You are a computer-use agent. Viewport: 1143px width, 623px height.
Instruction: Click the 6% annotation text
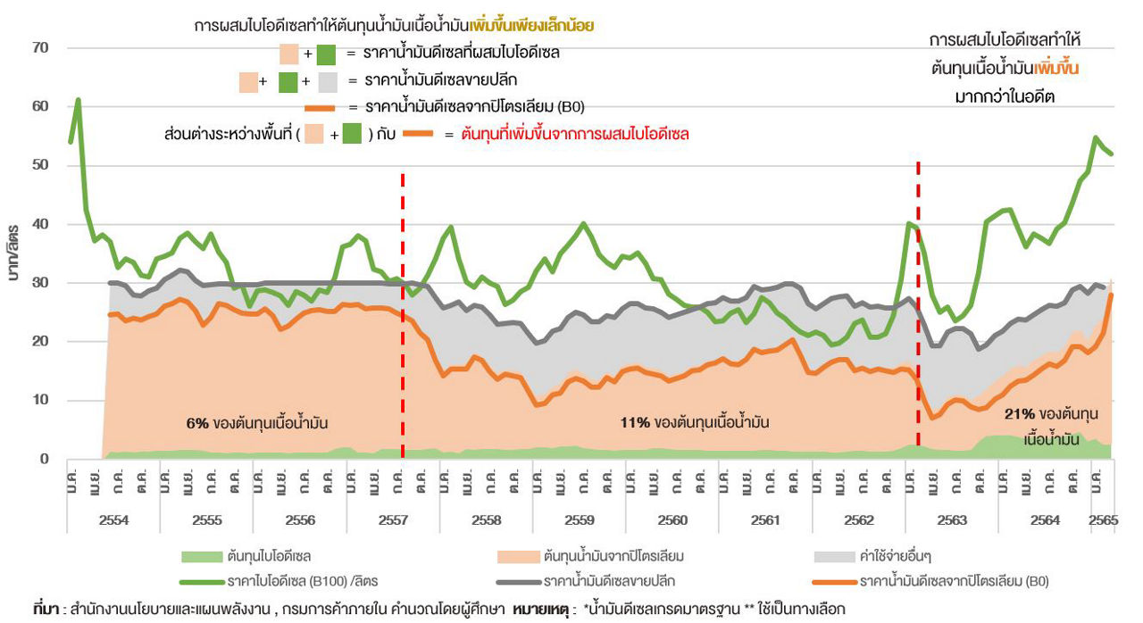[197, 422]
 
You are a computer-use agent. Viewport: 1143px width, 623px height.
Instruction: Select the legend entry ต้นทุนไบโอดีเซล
[269, 557]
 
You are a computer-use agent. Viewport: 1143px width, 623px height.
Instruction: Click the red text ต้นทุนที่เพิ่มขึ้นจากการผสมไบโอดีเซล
[575, 135]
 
